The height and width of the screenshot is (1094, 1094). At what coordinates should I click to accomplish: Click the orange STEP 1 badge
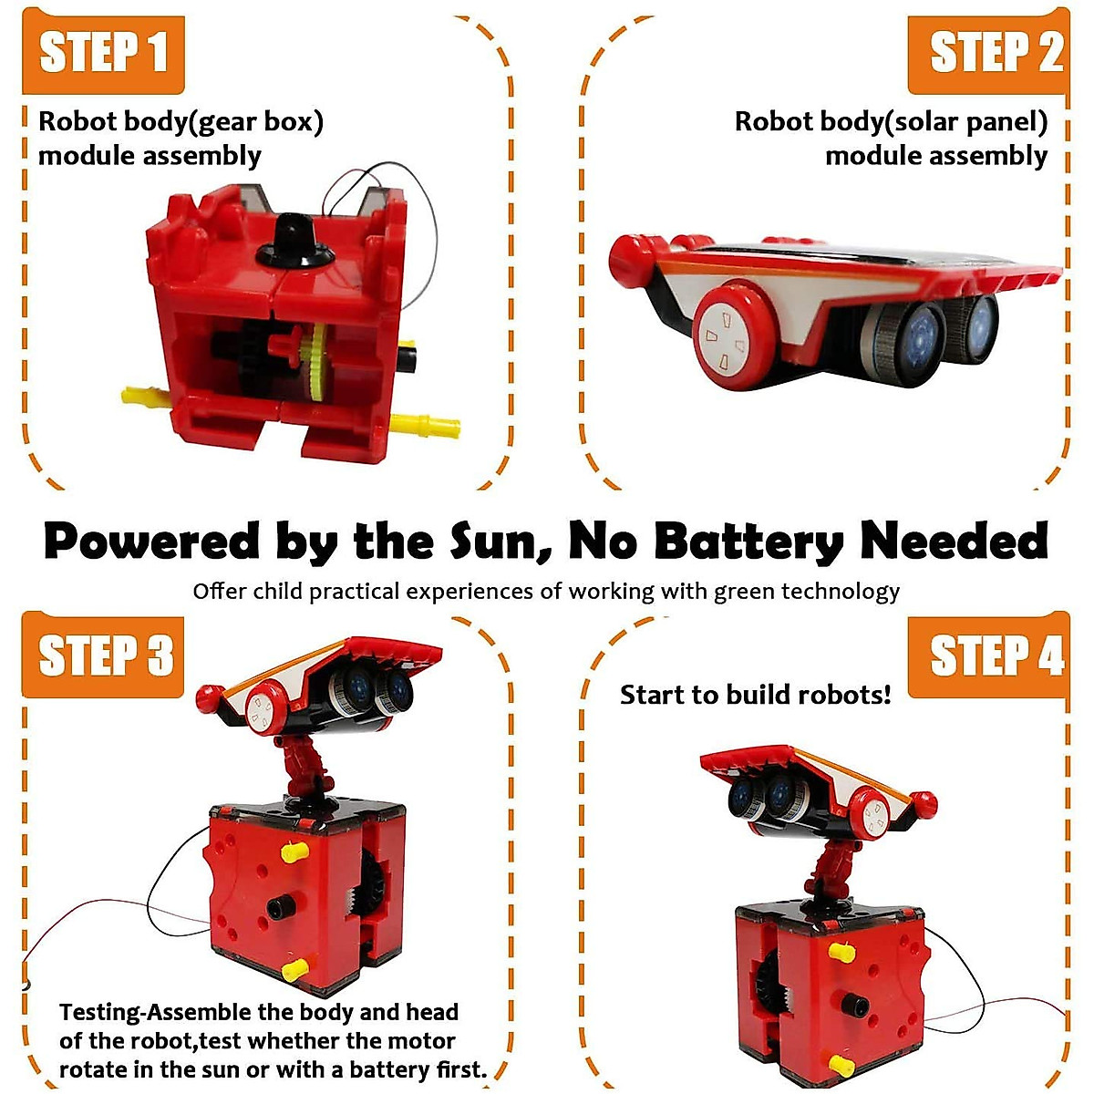click(103, 52)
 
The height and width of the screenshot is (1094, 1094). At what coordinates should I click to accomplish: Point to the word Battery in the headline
click(749, 541)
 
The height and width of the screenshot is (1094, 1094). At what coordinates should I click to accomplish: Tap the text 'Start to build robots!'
click(755, 695)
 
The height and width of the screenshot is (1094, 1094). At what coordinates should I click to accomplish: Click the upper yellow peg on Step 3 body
click(293, 851)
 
